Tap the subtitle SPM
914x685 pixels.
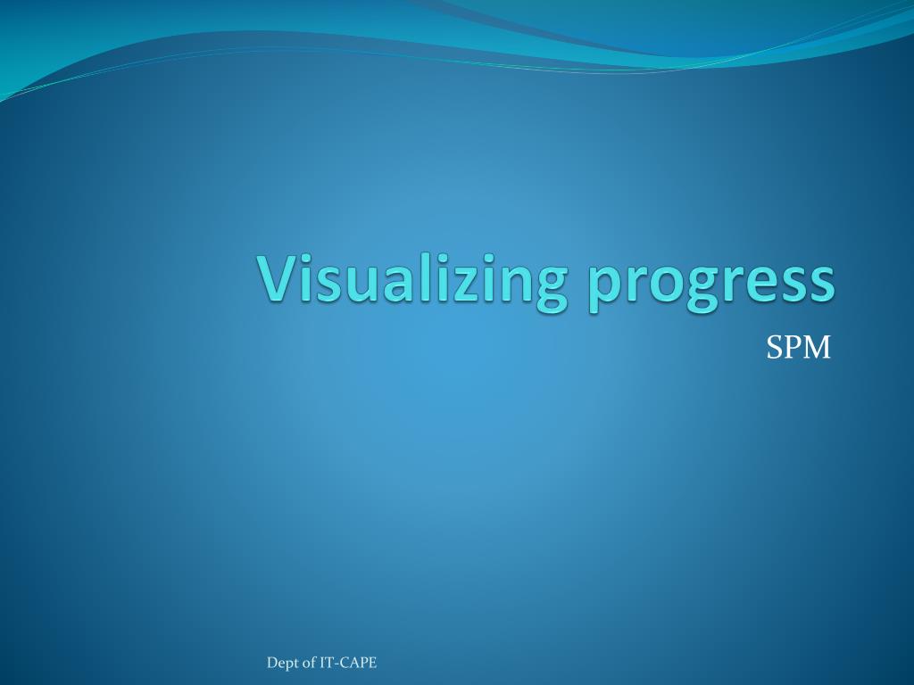798,348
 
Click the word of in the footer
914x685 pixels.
310,662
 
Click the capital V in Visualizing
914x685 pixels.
278,277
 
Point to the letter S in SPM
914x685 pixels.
773,348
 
